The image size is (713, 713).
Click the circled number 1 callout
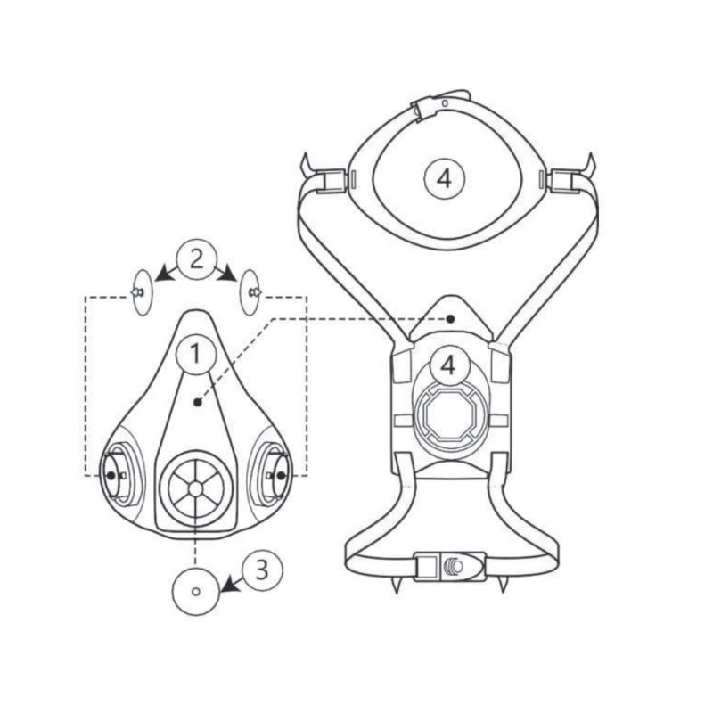click(x=195, y=354)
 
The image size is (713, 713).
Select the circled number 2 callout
click(x=196, y=259)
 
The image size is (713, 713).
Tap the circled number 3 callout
click(x=262, y=570)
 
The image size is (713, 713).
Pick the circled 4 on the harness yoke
click(x=448, y=366)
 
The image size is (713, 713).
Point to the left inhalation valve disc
click(x=143, y=292)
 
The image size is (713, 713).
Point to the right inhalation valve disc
click(x=250, y=292)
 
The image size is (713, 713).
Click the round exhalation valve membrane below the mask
click(x=196, y=592)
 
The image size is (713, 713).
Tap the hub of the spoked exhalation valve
click(x=195, y=488)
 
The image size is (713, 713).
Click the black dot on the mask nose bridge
click(x=197, y=402)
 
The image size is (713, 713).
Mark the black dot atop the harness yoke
click(x=450, y=319)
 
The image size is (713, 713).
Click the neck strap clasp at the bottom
click(x=450, y=566)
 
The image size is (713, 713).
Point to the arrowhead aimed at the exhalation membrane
click(x=229, y=586)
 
